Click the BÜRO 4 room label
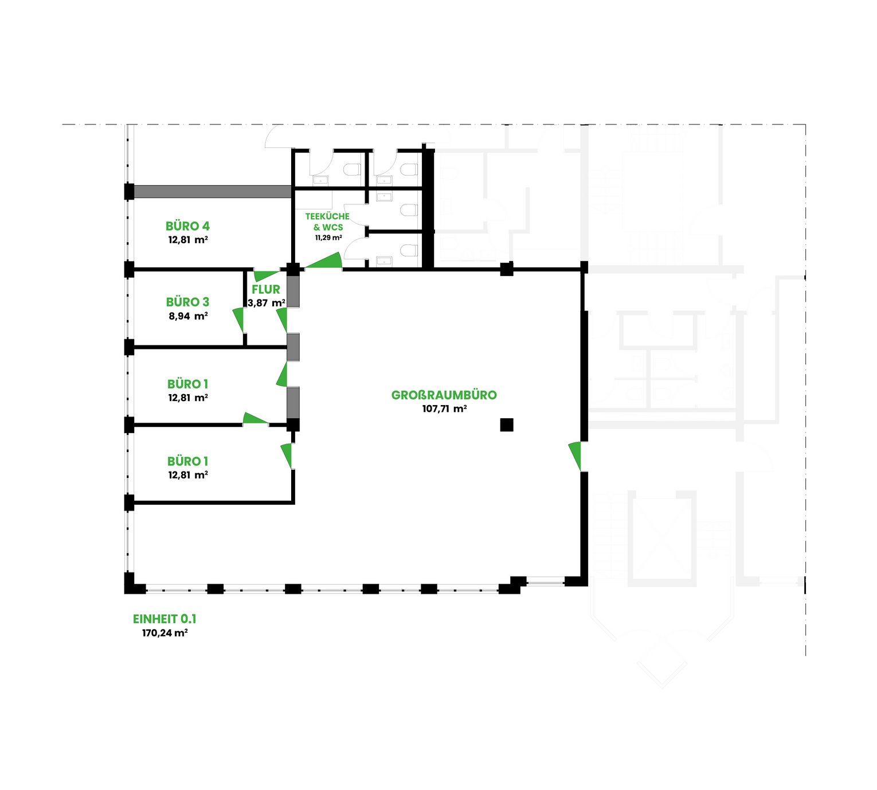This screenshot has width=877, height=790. pyautogui.click(x=187, y=226)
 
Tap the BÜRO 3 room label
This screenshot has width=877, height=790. pyautogui.click(x=187, y=302)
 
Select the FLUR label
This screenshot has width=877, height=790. pyautogui.click(x=266, y=289)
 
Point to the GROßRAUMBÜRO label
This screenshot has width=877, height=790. pyautogui.click(x=444, y=395)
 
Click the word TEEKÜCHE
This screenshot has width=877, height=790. pyautogui.click(x=327, y=216)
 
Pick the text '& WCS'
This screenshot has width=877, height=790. pyautogui.click(x=328, y=227)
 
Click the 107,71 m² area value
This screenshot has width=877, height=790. pyautogui.click(x=444, y=409)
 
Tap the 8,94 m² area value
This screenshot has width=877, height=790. pyautogui.click(x=188, y=316)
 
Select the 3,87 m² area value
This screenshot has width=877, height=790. pyautogui.click(x=266, y=303)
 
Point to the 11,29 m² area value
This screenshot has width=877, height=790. pyautogui.click(x=328, y=238)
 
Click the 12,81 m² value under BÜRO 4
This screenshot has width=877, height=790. pyautogui.click(x=188, y=240)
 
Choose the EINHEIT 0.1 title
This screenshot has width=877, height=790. pyautogui.click(x=165, y=619)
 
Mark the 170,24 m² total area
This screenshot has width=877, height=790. pyautogui.click(x=165, y=633)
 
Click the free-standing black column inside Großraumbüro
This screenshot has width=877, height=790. pyautogui.click(x=506, y=425)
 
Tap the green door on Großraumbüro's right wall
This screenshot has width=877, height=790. pyautogui.click(x=575, y=456)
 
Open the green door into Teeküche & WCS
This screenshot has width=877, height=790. pyautogui.click(x=324, y=260)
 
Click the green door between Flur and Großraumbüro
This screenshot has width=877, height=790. pyautogui.click(x=282, y=320)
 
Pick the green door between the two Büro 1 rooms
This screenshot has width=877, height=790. pyautogui.click(x=255, y=419)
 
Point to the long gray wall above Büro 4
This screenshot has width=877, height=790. pyautogui.click(x=213, y=191)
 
